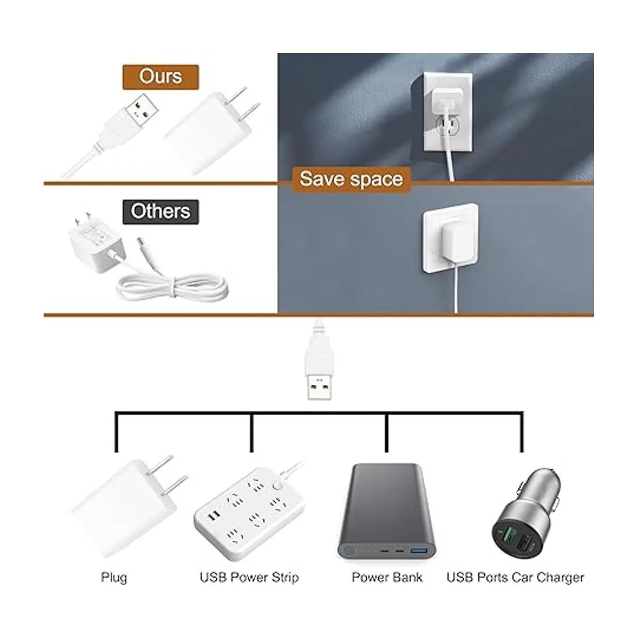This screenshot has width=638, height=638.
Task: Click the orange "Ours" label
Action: pyautogui.click(x=161, y=77)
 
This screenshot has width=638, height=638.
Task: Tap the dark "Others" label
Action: pyautogui.click(x=161, y=211)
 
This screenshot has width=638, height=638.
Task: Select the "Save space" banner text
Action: pyautogui.click(x=351, y=179)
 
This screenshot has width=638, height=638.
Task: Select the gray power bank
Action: pyautogui.click(x=386, y=510)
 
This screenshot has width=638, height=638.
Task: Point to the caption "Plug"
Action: pyautogui.click(x=114, y=577)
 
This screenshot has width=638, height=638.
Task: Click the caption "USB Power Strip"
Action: pyautogui.click(x=249, y=577)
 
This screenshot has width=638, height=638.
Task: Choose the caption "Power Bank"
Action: pyautogui.click(x=387, y=577)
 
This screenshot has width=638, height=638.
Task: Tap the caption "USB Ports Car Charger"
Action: pyautogui.click(x=515, y=577)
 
